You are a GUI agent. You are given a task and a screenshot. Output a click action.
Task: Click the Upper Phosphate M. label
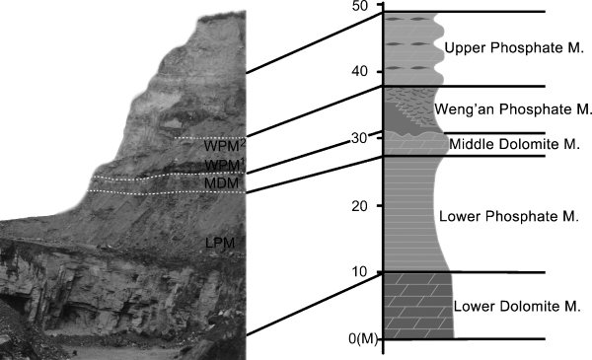[501, 48]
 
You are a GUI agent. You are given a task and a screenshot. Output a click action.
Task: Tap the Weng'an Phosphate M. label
[512, 108]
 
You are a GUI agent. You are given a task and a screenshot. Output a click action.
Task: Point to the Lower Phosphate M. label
[501, 213]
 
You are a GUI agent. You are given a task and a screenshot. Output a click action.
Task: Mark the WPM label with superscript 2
[222, 145]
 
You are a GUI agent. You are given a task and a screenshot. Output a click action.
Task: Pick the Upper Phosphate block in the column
[409, 47]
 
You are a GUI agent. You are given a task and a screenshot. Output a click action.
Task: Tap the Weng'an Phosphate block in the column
[407, 107]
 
